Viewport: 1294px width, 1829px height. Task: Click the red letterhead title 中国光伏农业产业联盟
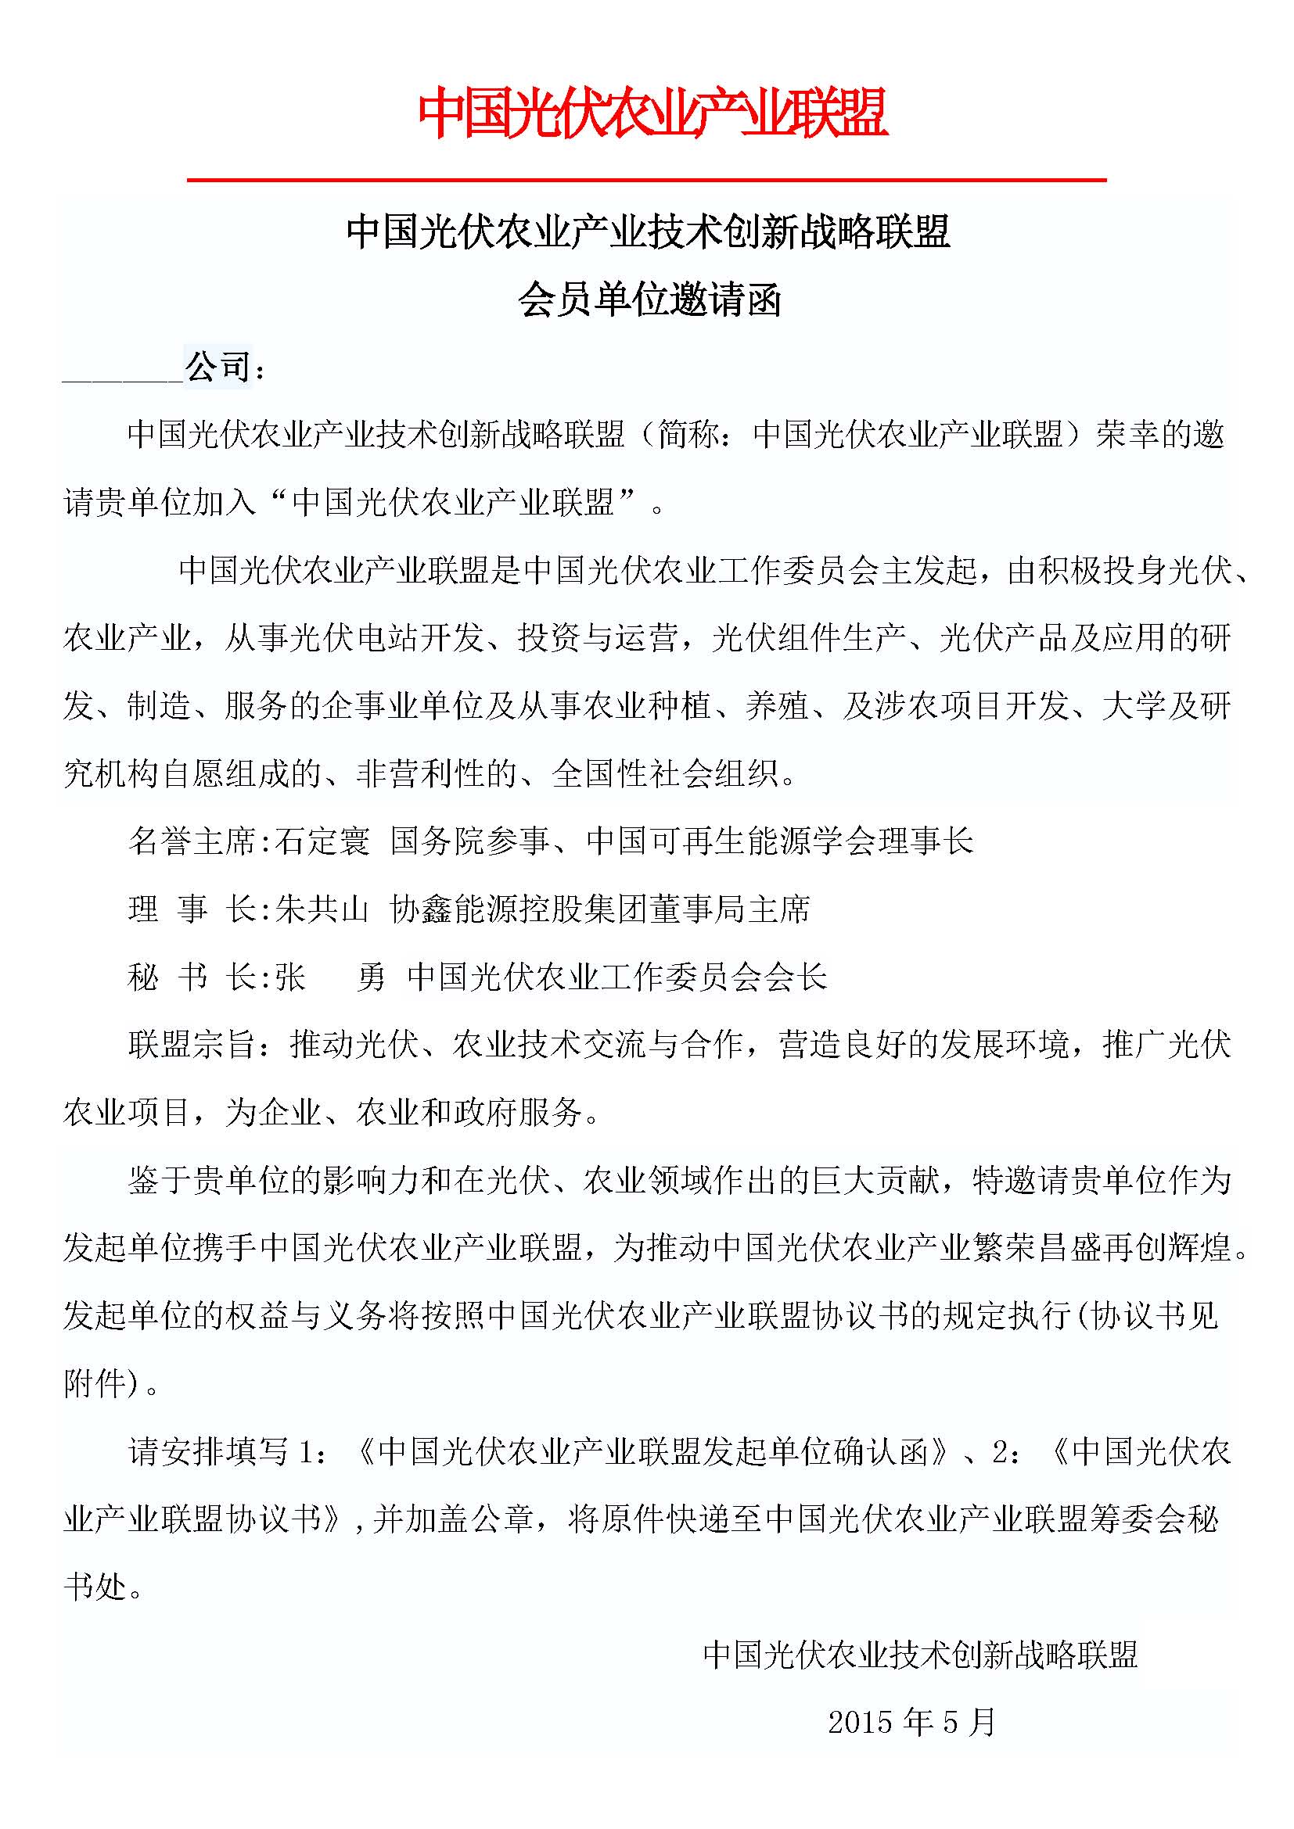652,114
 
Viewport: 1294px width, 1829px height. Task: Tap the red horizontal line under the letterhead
646,181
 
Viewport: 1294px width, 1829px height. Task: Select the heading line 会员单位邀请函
649,300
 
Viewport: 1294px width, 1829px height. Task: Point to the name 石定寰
322,841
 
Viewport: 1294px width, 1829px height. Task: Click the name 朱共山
322,909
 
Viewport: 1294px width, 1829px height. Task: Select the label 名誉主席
192,841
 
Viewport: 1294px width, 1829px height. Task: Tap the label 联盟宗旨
192,1045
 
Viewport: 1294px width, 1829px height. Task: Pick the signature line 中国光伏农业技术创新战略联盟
920,1655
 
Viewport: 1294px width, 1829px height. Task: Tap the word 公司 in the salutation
217,368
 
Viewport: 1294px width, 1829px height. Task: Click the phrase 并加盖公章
452,1519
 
